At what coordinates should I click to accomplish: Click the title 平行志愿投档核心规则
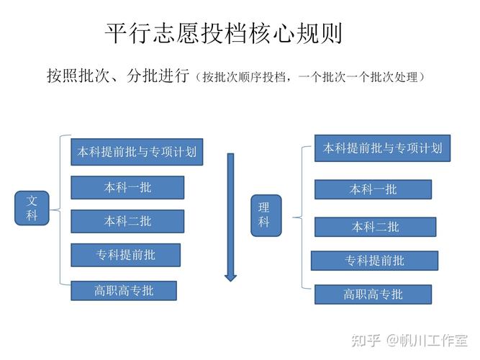click(x=223, y=33)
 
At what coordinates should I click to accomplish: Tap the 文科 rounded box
click(x=32, y=208)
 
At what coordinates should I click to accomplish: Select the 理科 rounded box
click(x=266, y=215)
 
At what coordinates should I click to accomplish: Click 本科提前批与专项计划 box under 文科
click(x=137, y=152)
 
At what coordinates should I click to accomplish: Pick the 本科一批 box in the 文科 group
click(x=127, y=187)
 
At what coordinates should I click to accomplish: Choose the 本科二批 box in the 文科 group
click(x=127, y=221)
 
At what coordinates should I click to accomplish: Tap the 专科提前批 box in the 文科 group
click(x=125, y=255)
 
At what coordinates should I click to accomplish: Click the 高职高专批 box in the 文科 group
click(x=124, y=290)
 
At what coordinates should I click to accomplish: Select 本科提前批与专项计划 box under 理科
click(x=382, y=148)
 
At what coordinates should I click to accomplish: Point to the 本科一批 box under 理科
click(x=373, y=189)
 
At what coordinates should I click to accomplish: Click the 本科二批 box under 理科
click(x=376, y=227)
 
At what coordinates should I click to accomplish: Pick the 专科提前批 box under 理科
click(x=374, y=261)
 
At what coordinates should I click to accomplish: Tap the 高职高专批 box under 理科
click(x=373, y=294)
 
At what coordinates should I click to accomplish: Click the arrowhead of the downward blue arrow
click(x=230, y=278)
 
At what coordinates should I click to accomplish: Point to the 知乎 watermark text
click(x=366, y=341)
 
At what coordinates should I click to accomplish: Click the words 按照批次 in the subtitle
click(x=78, y=76)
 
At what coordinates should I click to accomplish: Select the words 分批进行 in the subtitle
click(x=158, y=76)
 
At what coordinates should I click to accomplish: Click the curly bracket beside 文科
click(x=60, y=210)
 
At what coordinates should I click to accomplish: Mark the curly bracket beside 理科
click(x=302, y=217)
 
